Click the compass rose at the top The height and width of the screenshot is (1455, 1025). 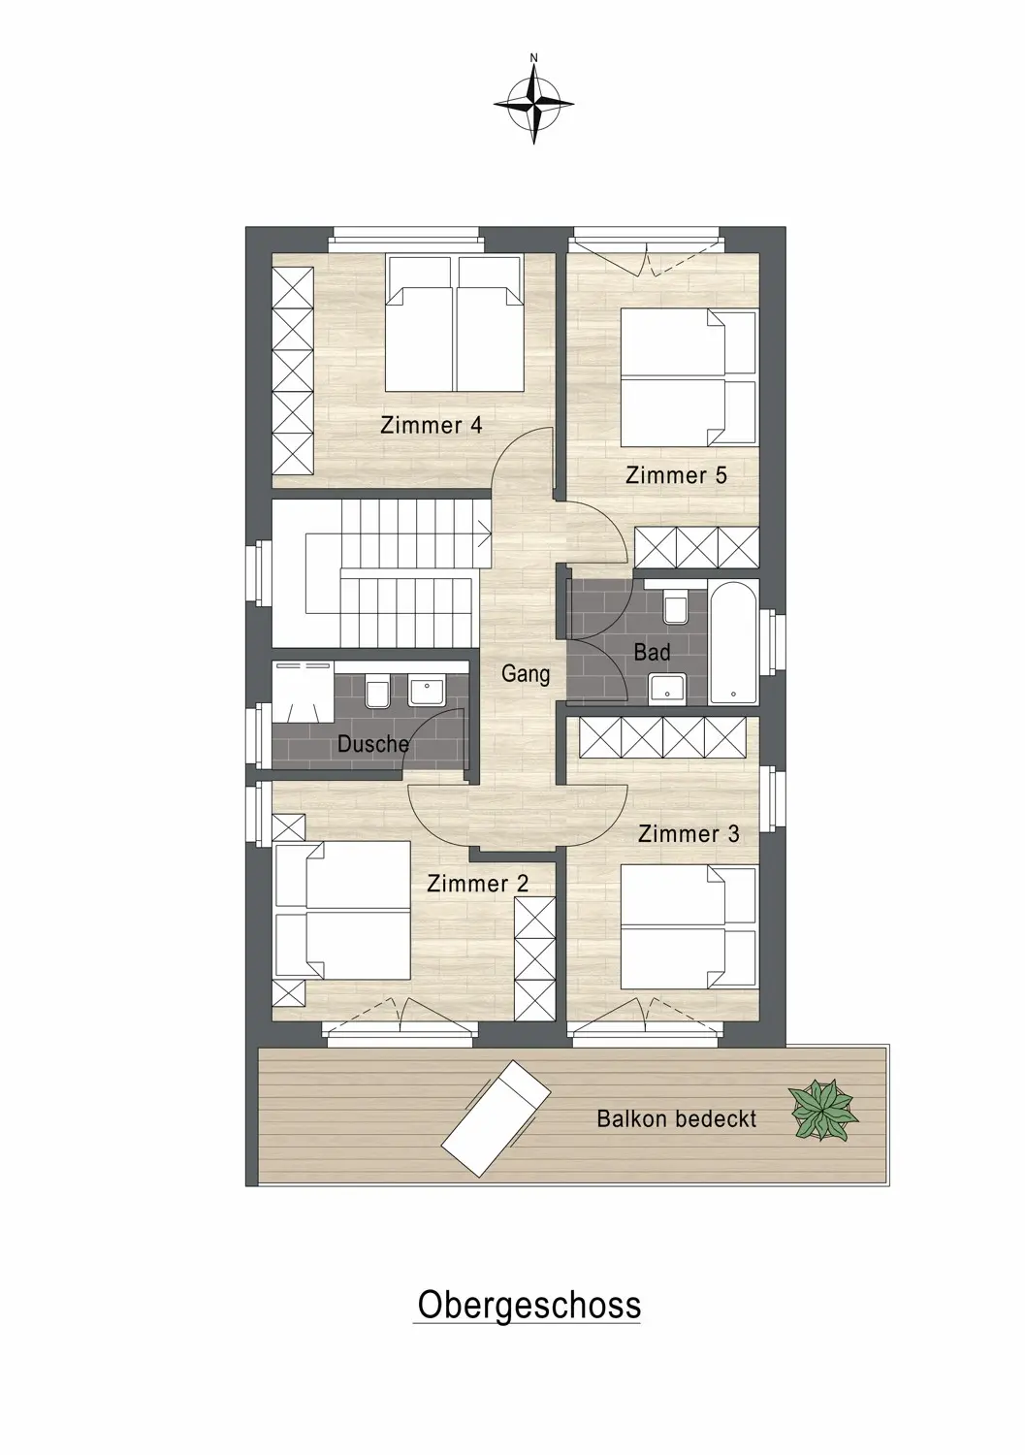533,104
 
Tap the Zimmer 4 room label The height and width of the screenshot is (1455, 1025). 432,426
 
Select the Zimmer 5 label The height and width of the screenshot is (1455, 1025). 676,475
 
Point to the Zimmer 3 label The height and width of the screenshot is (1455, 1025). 689,833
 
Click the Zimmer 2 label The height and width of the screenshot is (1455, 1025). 477,883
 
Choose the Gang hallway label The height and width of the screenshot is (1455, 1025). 526,674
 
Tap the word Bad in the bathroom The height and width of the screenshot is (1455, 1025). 652,652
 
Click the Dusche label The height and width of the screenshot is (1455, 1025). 373,744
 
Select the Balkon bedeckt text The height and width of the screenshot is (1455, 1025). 677,1118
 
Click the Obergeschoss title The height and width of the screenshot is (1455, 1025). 529,1287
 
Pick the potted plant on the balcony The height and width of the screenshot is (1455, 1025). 823,1110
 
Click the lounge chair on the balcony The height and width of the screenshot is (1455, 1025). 496,1118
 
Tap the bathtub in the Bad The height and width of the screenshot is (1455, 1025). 734,642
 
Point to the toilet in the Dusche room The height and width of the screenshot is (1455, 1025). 377,691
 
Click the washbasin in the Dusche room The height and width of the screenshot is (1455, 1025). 426,691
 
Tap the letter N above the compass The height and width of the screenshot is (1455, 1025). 534,58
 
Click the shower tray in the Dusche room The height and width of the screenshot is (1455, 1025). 304,691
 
